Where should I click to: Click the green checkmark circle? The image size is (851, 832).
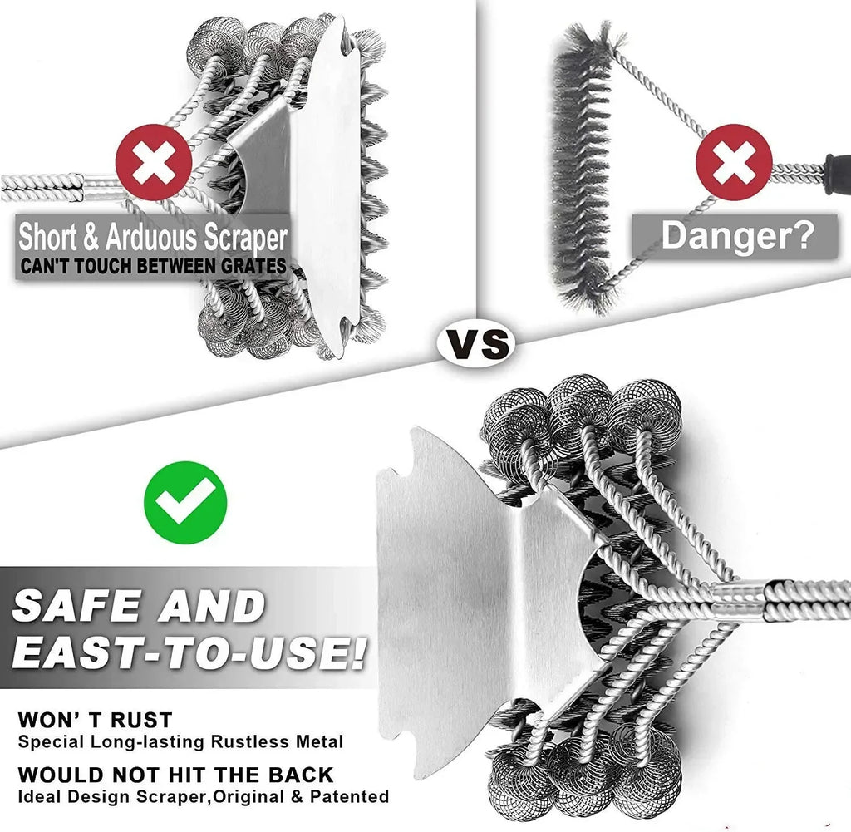185,502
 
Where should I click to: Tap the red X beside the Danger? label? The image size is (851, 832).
733,162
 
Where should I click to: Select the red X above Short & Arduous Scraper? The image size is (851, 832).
154,162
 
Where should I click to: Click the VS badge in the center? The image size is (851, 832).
476,342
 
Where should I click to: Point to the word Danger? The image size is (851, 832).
738,234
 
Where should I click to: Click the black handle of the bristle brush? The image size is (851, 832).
837,175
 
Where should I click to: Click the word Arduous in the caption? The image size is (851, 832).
151,238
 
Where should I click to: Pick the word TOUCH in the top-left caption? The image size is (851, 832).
102,266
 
